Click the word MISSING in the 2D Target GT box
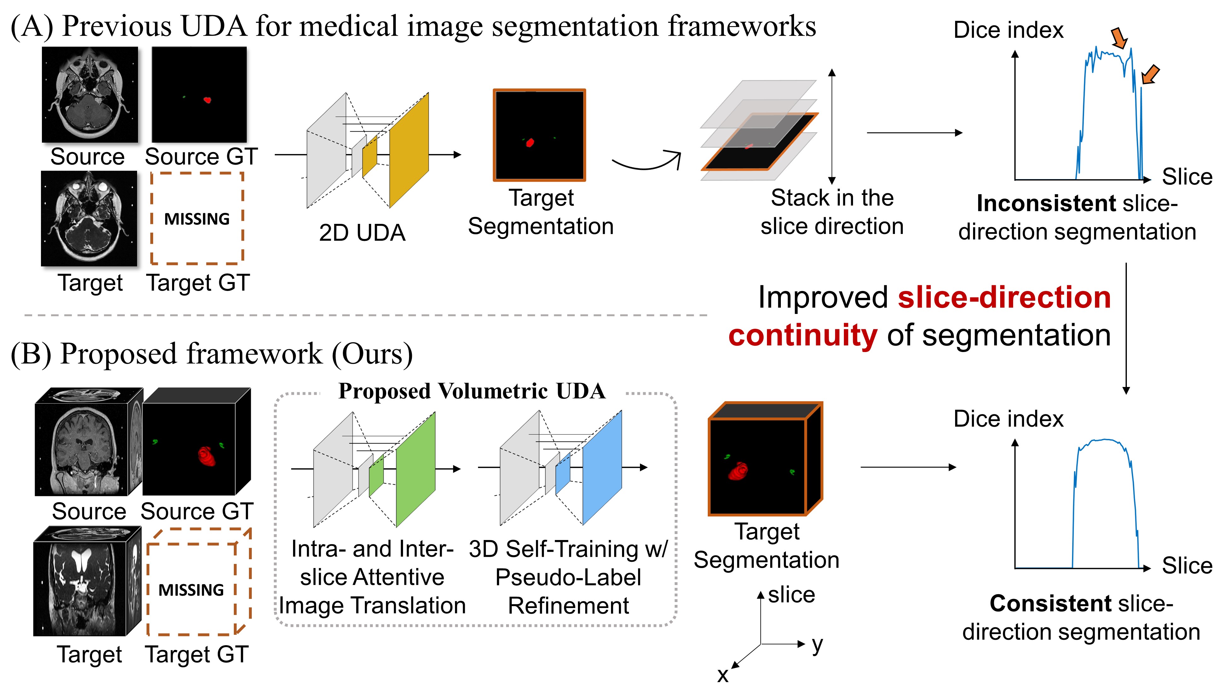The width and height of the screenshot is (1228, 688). [197, 219]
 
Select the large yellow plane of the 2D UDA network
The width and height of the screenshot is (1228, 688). [409, 150]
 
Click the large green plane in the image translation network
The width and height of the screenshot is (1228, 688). [416, 469]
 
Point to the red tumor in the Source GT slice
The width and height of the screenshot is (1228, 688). [207, 100]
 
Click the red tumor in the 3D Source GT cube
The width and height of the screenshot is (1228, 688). [207, 456]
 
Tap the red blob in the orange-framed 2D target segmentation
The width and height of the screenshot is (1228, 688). [530, 142]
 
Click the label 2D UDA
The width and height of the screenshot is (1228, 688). [362, 233]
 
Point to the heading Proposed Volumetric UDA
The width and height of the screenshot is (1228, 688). [471, 391]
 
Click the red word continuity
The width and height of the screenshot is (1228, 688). [803, 335]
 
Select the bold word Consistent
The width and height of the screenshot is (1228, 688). [1050, 604]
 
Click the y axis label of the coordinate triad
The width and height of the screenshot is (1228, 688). [817, 644]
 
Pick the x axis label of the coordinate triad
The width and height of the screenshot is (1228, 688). [723, 675]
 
